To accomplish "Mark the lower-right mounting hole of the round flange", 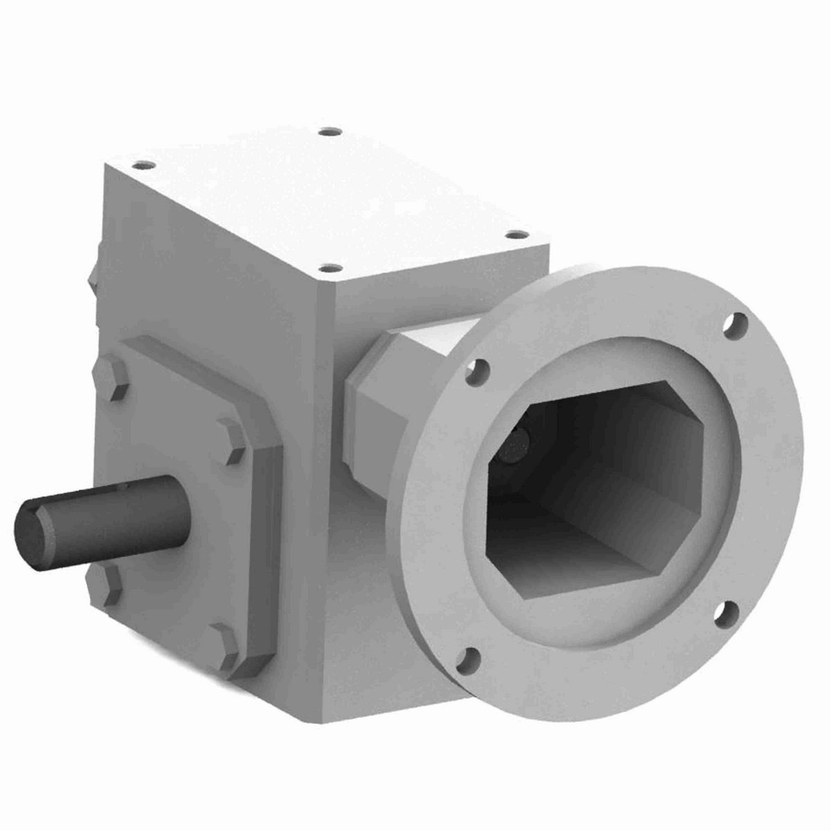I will coord(722,609).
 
